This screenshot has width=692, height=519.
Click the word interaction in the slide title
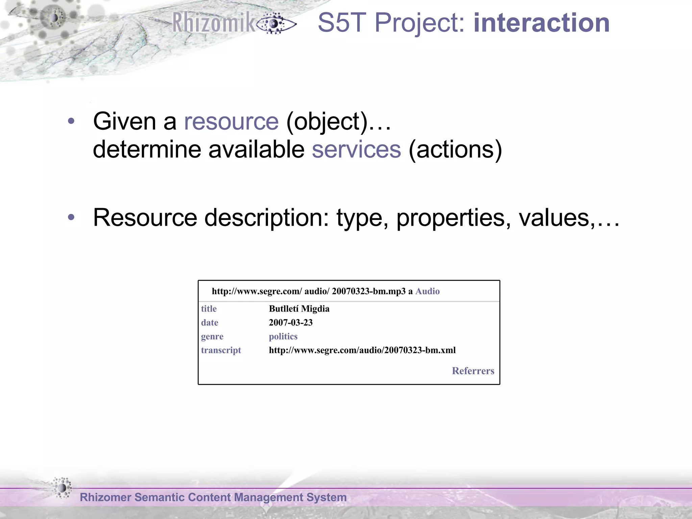[x=541, y=23]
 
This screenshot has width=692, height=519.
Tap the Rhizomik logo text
[x=214, y=23]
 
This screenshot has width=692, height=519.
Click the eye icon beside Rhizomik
[x=275, y=24]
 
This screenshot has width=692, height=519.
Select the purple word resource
[x=231, y=121]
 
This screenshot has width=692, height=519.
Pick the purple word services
[x=356, y=149]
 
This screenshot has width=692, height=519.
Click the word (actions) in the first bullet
[x=455, y=149]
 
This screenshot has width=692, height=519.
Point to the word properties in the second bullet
[x=453, y=218]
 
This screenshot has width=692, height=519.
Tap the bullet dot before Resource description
[x=71, y=217]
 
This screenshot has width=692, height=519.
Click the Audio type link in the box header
[x=427, y=291]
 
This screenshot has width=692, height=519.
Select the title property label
[x=209, y=309]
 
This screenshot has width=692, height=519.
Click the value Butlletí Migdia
[x=299, y=309]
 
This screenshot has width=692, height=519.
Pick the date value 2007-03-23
[x=291, y=323]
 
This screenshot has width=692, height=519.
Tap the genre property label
[x=212, y=337]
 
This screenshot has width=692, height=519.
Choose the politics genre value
[x=283, y=337]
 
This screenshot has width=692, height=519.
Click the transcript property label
[x=221, y=350]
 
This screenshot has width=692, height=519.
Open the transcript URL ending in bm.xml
[x=362, y=350]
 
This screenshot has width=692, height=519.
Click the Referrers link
[x=473, y=371]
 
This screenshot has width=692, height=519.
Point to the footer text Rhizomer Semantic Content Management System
[x=213, y=497]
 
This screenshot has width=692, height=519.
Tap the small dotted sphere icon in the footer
[x=62, y=488]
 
